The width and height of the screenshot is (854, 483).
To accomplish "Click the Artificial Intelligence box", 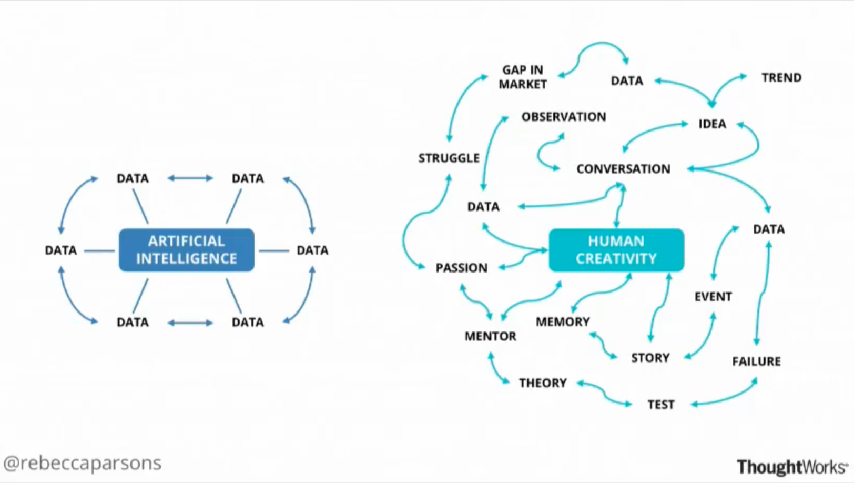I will pyautogui.click(x=186, y=250).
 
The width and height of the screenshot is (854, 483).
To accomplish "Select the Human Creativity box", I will pyautogui.click(x=616, y=250).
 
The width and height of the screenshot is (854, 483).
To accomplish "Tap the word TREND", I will pyautogui.click(x=781, y=78).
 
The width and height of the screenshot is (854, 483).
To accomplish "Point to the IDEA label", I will pyautogui.click(x=712, y=124).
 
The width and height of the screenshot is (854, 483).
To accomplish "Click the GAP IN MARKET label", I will pyautogui.click(x=523, y=77).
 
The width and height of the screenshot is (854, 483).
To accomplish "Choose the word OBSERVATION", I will pyautogui.click(x=564, y=117).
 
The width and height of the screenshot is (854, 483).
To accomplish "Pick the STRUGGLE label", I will pyautogui.click(x=449, y=158).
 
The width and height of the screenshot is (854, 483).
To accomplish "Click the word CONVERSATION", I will pyautogui.click(x=623, y=169).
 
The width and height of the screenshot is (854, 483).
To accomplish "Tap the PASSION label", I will pyautogui.click(x=461, y=268).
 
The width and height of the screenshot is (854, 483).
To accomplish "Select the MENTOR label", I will pyautogui.click(x=490, y=336).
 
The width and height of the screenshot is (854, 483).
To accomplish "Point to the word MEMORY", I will pyautogui.click(x=563, y=321).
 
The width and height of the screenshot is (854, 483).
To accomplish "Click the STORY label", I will pyautogui.click(x=650, y=358).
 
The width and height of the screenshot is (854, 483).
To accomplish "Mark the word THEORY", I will pyautogui.click(x=543, y=383).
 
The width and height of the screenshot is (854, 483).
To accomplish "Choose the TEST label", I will pyautogui.click(x=660, y=405).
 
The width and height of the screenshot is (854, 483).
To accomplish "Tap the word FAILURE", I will pyautogui.click(x=756, y=361).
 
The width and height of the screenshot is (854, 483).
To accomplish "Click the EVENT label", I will pyautogui.click(x=713, y=297).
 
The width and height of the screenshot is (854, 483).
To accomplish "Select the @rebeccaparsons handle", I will pyautogui.click(x=83, y=463).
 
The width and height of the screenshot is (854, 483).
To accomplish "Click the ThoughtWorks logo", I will pyautogui.click(x=792, y=467).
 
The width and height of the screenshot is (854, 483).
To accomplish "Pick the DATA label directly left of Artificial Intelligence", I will pyautogui.click(x=60, y=250).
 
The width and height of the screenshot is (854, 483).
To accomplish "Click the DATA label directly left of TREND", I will pyautogui.click(x=627, y=81).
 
